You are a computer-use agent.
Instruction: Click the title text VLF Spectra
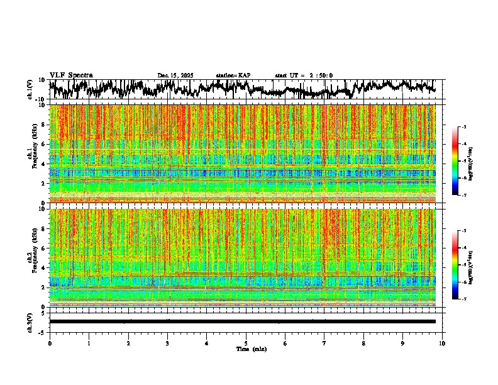tap(71, 75)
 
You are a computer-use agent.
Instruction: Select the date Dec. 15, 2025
tap(175, 75)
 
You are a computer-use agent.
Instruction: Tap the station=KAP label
tap(233, 75)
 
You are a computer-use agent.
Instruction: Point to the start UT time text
tap(304, 75)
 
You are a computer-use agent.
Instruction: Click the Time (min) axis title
tap(251, 349)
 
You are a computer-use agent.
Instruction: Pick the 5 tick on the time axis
tap(246, 343)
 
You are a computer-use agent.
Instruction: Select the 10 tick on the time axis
tap(443, 343)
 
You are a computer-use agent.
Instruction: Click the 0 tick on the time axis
tap(50, 343)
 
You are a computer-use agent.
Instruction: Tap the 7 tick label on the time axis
tap(324, 343)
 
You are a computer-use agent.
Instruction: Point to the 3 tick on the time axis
tap(167, 343)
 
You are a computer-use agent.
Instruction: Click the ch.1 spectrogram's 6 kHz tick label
tap(43, 144)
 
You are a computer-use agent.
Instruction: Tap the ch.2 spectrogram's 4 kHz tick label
tap(43, 267)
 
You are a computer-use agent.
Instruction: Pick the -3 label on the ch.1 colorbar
tap(463, 127)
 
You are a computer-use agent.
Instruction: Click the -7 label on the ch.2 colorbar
tap(463, 299)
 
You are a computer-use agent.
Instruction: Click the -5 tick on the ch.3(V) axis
tap(43, 331)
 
